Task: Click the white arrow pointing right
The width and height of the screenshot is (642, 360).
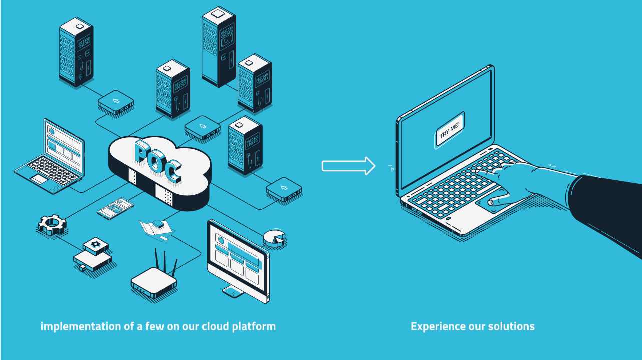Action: [x=348, y=166]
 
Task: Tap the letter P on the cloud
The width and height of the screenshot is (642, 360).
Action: [x=143, y=152]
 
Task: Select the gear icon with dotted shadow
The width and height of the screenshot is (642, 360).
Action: [x=52, y=225]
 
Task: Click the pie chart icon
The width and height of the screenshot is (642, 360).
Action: [x=274, y=238]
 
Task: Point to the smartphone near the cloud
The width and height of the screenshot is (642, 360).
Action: [x=115, y=208]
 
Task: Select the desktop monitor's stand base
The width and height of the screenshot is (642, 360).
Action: [x=234, y=292]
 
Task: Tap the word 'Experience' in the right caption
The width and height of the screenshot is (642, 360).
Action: [x=438, y=327]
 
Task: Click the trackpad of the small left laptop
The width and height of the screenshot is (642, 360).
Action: [x=39, y=179]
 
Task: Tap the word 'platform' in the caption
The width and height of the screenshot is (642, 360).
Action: [x=254, y=327]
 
